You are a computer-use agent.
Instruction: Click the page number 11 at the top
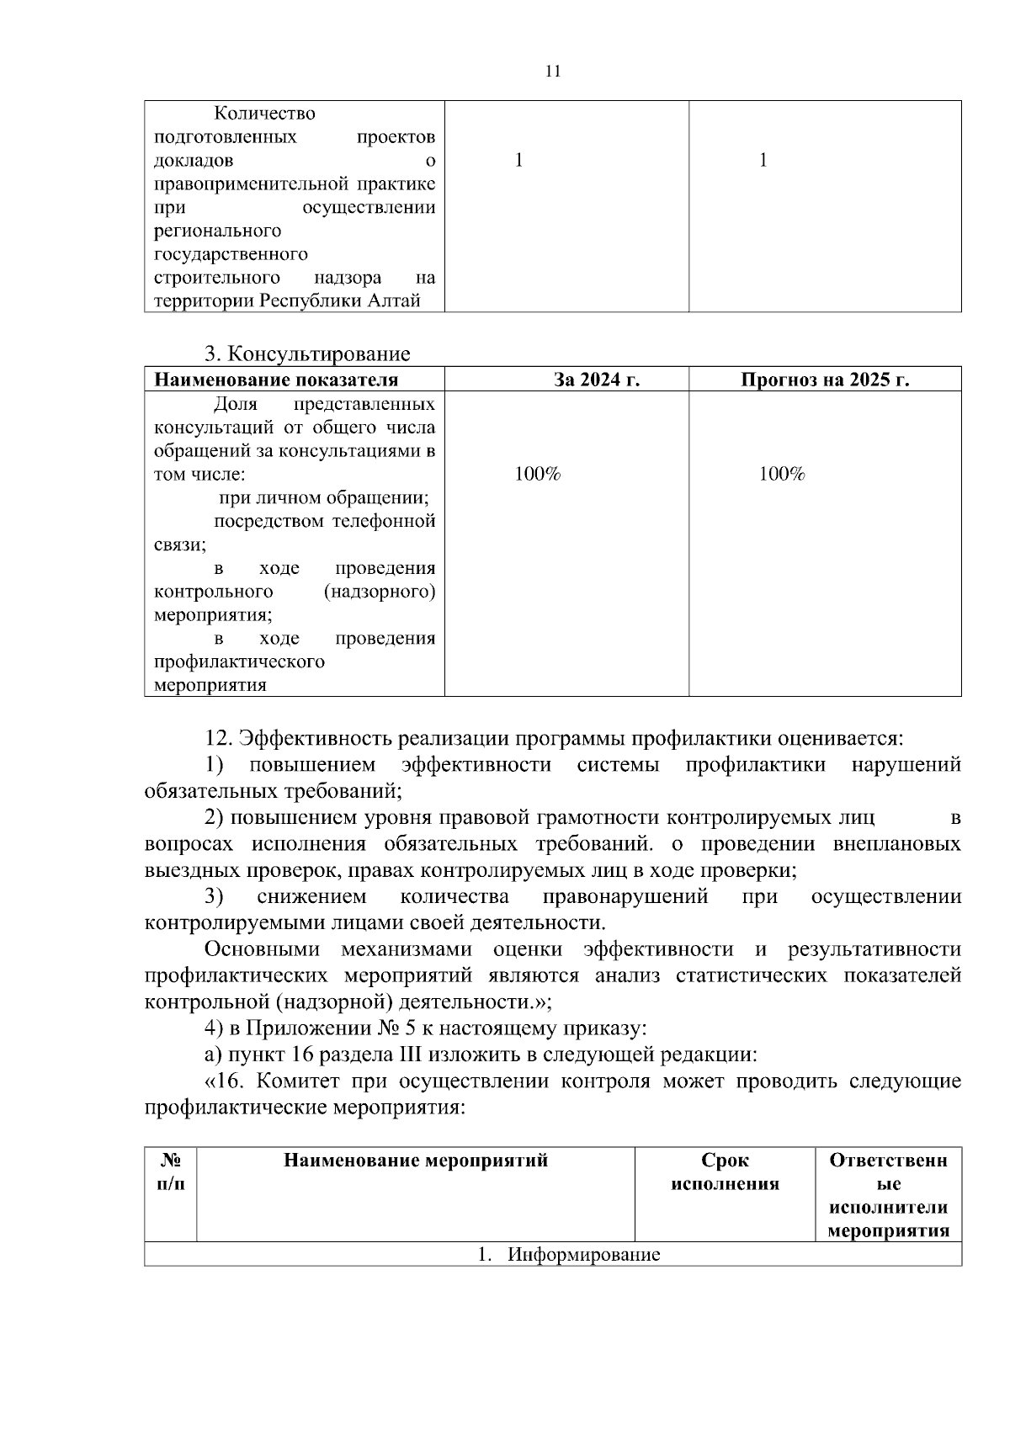553,72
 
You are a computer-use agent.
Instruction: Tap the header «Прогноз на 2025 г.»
825,380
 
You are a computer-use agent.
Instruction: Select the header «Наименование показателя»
276,380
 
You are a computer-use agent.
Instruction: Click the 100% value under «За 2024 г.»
538,475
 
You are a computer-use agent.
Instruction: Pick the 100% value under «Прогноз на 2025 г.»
782,475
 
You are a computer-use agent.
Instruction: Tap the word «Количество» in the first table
264,113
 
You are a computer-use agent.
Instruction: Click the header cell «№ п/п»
171,1171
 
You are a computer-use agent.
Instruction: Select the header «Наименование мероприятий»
416,1161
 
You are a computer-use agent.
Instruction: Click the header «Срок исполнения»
725,1171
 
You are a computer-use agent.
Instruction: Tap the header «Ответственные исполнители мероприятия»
888,1195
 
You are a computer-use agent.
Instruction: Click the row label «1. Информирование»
569,1255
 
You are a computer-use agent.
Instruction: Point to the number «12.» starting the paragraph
219,739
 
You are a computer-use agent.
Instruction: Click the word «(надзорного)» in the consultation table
379,592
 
